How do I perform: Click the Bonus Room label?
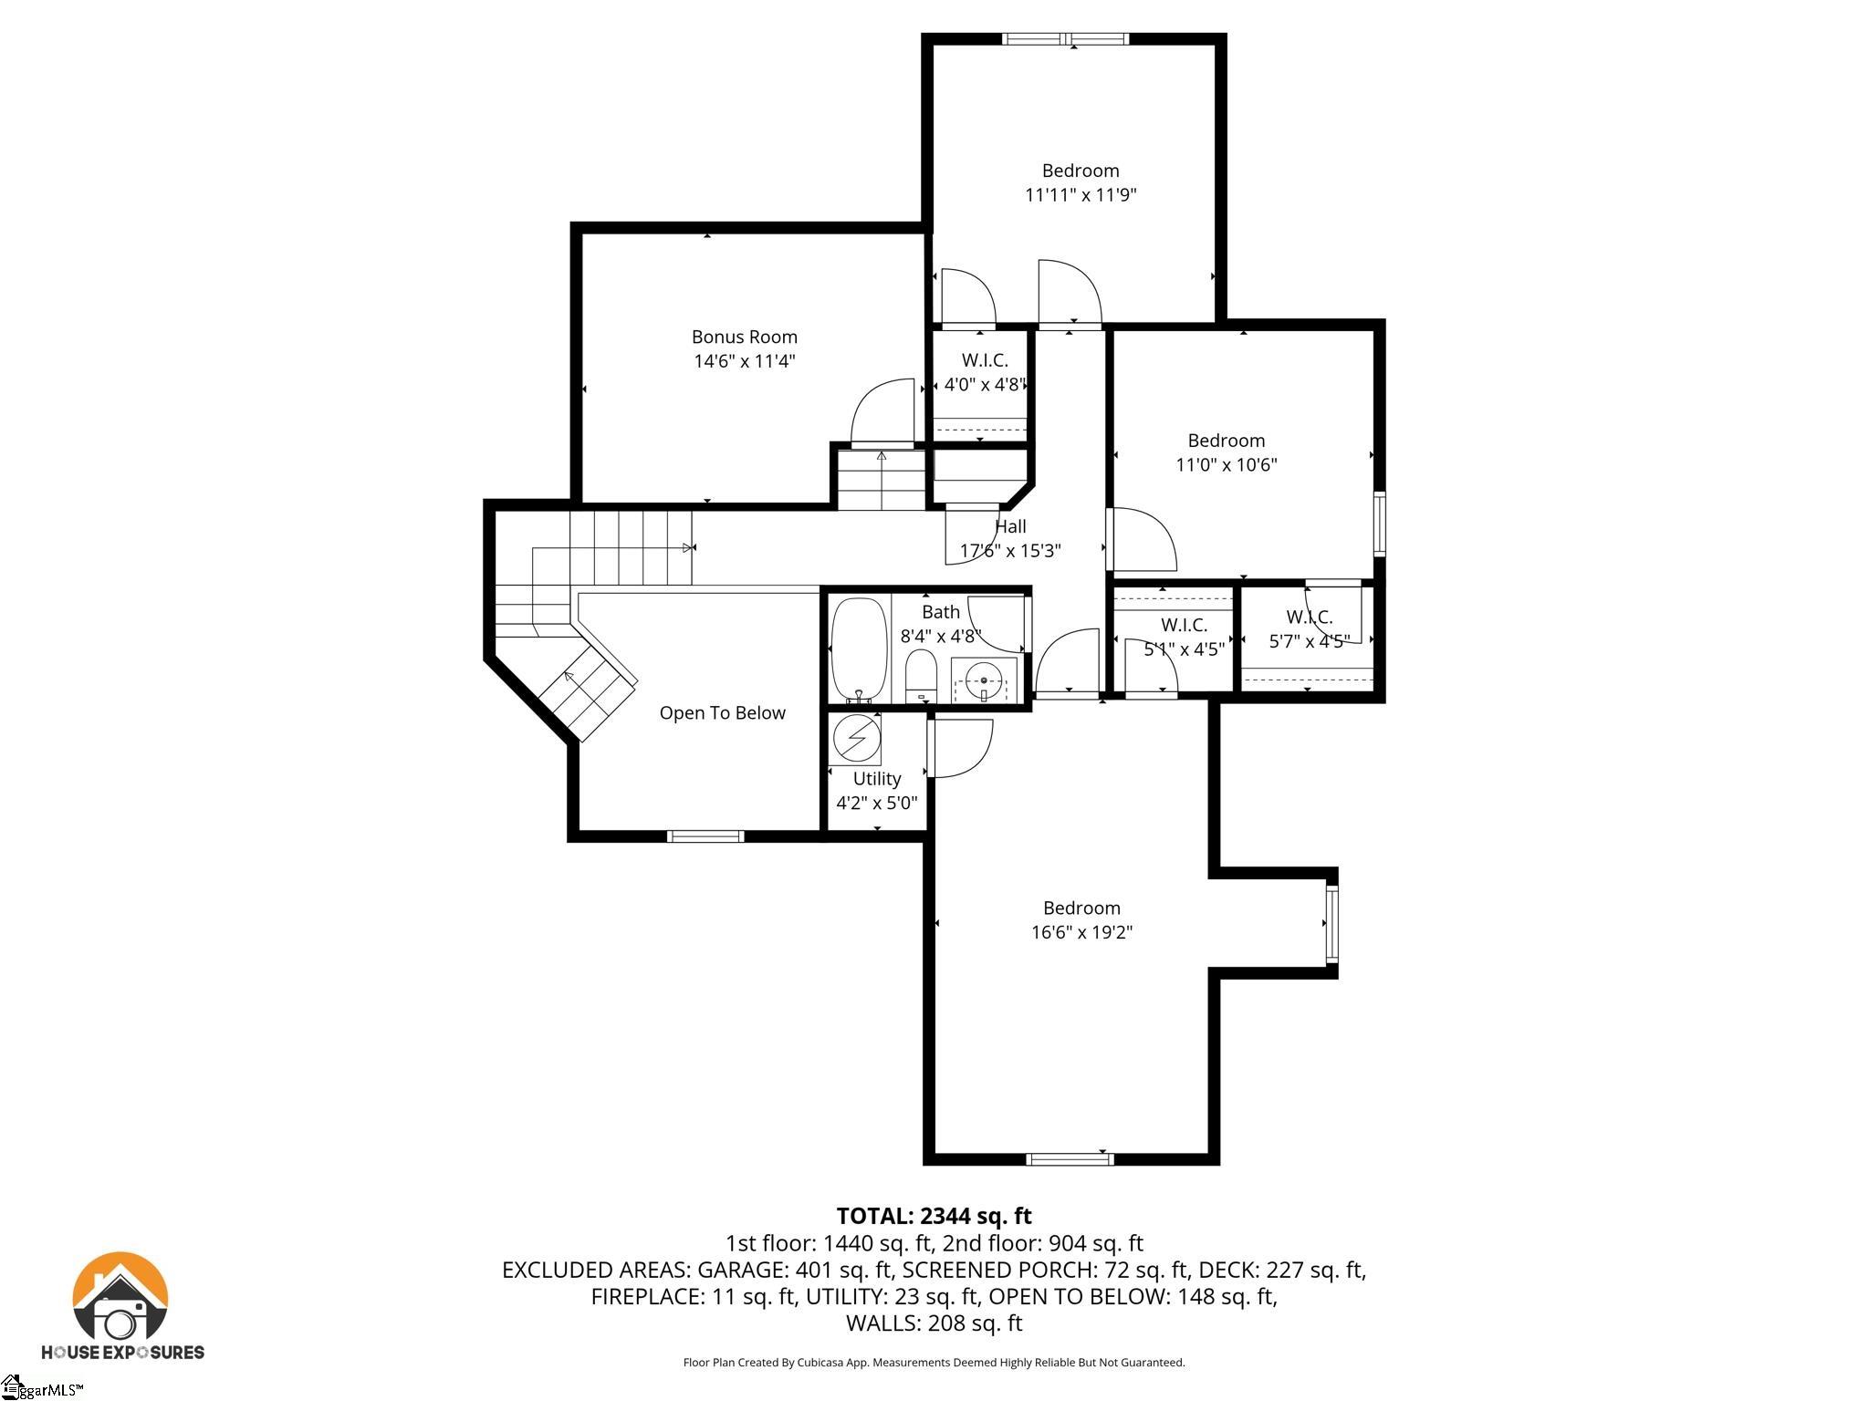pyautogui.click(x=744, y=337)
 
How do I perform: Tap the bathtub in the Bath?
pyautogui.click(x=859, y=649)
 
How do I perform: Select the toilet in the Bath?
pyautogui.click(x=921, y=676)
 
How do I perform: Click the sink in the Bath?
pyautogui.click(x=984, y=680)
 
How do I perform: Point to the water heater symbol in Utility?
pyautogui.click(x=856, y=737)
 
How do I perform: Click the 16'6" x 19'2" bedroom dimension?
pyautogui.click(x=1081, y=932)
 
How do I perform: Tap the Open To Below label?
pyautogui.click(x=722, y=712)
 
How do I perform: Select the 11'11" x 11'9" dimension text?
pyautogui.click(x=1081, y=194)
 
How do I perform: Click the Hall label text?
pyautogui.click(x=1010, y=526)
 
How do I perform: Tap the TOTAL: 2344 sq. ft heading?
pyautogui.click(x=934, y=1216)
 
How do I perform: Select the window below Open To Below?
pyautogui.click(x=705, y=835)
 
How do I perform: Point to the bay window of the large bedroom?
pyautogui.click(x=1331, y=923)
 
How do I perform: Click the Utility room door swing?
pyautogui.click(x=960, y=748)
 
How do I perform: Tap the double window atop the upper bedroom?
pyautogui.click(x=1065, y=38)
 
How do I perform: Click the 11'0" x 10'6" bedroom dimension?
pyautogui.click(x=1226, y=464)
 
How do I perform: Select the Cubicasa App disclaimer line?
pyautogui.click(x=934, y=1363)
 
